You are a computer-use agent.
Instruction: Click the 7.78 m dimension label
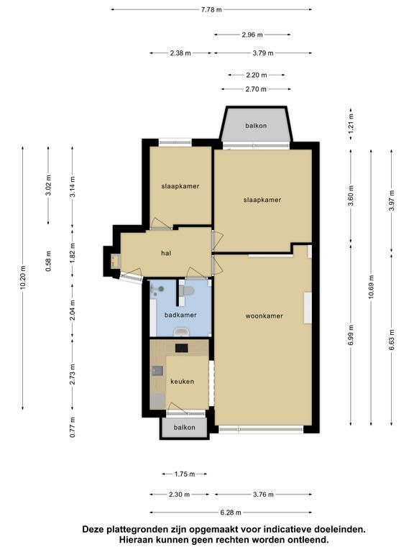click(211, 9)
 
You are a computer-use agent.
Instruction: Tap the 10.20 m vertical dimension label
click(23, 277)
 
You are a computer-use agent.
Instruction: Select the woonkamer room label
click(264, 316)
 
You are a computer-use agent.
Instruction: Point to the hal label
click(166, 253)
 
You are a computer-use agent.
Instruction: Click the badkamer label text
click(180, 315)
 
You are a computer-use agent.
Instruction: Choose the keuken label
click(182, 381)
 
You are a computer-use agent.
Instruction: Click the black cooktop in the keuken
click(182, 348)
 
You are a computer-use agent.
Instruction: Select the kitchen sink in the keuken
click(157, 371)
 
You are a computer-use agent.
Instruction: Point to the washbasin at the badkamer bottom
click(182, 331)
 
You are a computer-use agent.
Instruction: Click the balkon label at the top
click(256, 126)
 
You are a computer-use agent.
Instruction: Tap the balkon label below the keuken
click(185, 428)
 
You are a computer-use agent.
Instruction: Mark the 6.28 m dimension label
click(231, 512)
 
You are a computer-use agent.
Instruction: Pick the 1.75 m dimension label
click(185, 474)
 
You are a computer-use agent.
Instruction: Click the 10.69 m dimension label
click(371, 287)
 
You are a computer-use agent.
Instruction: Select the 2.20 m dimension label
click(257, 75)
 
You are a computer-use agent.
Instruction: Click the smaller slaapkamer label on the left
click(180, 186)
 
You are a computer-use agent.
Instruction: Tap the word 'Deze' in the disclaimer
click(92, 529)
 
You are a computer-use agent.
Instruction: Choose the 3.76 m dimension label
click(263, 494)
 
